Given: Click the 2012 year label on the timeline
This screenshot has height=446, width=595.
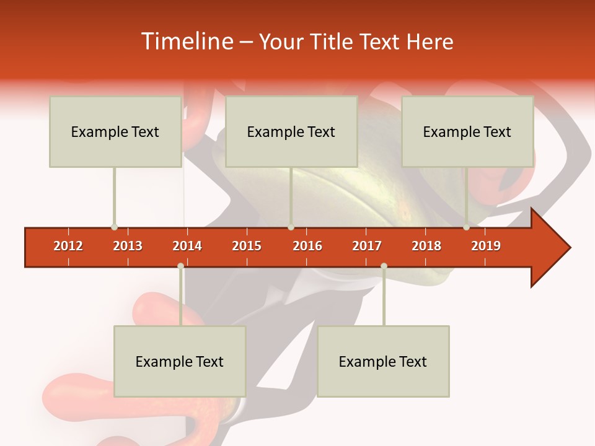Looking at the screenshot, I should [68, 246].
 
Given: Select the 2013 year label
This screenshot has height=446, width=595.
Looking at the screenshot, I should [128, 246].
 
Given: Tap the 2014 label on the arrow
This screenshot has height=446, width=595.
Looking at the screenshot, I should [187, 246].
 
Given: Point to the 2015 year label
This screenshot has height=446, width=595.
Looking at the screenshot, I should [247, 246].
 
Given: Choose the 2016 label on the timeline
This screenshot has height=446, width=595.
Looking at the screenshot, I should [307, 246].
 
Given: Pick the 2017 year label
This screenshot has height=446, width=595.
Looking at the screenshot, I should [367, 246].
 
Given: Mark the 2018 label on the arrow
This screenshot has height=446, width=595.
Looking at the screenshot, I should [426, 246].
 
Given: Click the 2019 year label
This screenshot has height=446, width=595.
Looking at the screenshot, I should [486, 246].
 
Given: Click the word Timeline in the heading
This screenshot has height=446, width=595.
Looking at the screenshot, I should [186, 42].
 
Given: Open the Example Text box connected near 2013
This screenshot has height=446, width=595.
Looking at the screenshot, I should [115, 131].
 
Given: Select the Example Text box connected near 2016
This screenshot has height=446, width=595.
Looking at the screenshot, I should [291, 131].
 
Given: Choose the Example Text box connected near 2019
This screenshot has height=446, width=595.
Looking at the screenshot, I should [467, 131].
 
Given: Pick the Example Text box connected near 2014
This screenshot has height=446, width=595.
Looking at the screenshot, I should [180, 361].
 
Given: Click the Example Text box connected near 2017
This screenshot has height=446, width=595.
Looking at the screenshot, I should [383, 361].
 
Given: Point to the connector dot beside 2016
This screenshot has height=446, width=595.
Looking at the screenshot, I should [291, 227].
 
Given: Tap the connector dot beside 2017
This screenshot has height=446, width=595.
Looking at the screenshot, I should [384, 266].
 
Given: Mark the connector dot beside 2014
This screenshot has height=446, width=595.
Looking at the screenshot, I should [180, 266].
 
